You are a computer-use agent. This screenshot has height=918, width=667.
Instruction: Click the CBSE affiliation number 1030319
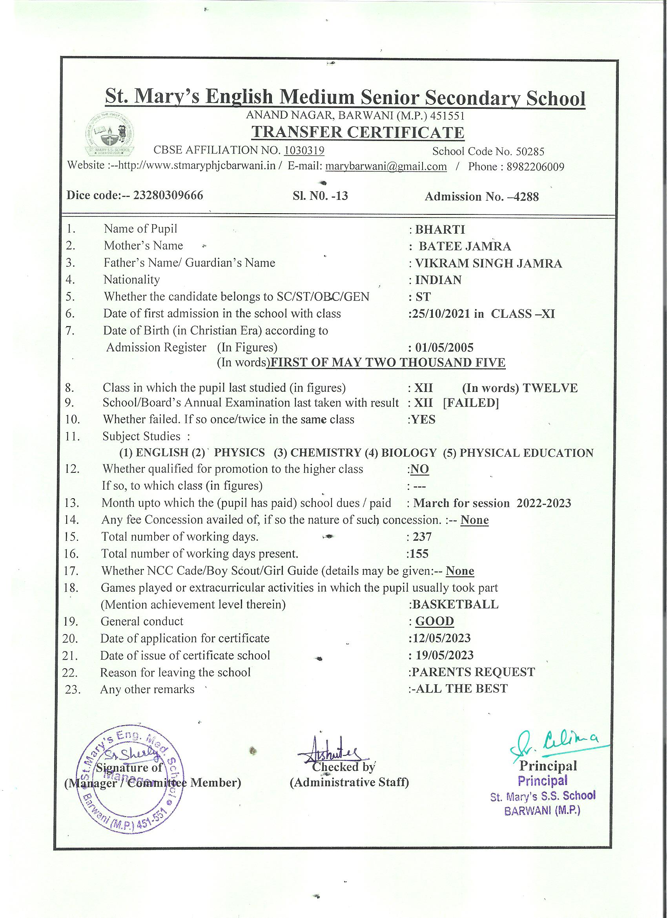[304, 150]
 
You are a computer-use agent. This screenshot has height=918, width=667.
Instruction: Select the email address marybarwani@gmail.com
[386, 166]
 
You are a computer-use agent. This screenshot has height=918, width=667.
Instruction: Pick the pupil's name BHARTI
[440, 229]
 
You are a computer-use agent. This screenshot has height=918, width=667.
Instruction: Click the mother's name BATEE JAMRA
[465, 246]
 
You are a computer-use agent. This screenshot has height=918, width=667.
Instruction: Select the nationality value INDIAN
[438, 280]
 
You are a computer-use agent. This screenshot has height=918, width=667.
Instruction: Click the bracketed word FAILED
[471, 403]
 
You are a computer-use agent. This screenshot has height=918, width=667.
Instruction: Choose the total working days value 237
[422, 537]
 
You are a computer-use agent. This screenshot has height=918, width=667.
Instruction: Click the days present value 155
[419, 554]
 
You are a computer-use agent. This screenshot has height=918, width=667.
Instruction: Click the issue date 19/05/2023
[444, 655]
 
